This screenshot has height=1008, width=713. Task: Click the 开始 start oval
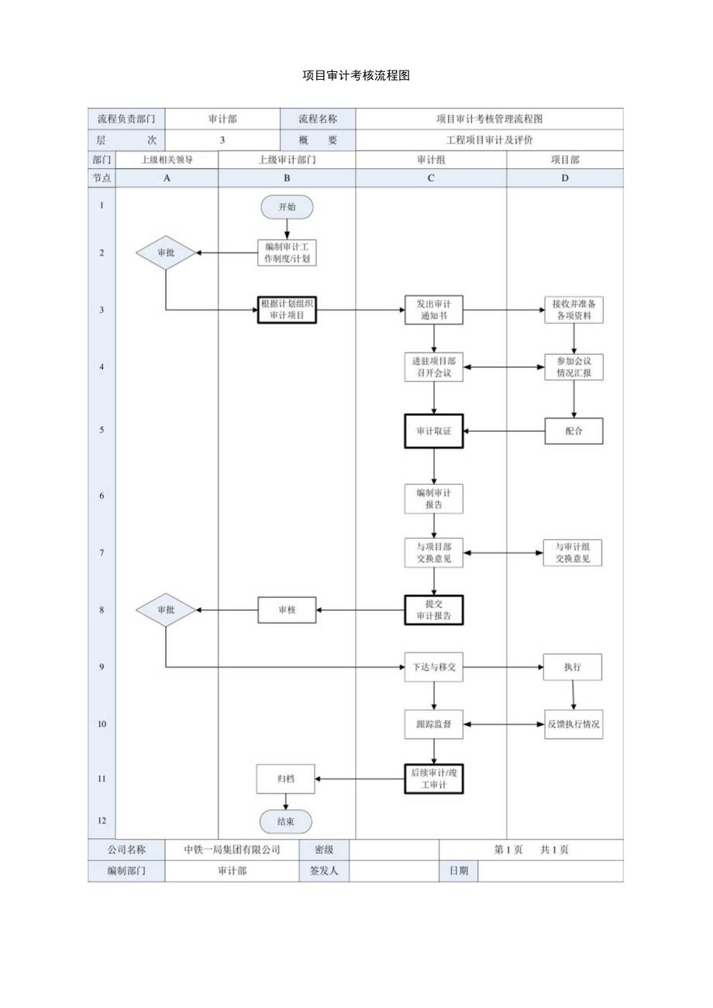click(287, 207)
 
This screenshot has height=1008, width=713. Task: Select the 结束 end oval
click(285, 821)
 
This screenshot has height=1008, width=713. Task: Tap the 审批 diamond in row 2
click(166, 253)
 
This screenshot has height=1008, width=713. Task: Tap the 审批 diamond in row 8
click(166, 610)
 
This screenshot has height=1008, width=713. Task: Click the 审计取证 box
click(433, 431)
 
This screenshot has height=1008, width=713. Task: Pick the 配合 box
click(573, 431)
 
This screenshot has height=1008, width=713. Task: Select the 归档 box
click(285, 779)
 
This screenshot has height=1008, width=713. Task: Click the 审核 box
click(287, 610)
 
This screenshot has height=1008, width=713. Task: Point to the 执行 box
click(573, 667)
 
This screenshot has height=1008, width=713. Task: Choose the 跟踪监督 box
click(433, 724)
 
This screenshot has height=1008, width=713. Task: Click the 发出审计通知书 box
click(433, 310)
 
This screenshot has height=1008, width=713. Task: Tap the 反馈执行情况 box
click(573, 724)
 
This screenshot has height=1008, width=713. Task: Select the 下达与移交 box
click(433, 667)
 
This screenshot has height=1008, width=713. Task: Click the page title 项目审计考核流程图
click(356, 75)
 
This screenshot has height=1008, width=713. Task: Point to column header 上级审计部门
click(287, 160)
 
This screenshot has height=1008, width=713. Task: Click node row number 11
click(102, 779)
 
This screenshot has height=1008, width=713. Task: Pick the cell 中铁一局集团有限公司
click(232, 849)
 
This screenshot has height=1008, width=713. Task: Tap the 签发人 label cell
click(323, 871)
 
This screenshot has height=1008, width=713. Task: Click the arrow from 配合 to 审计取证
click(504, 431)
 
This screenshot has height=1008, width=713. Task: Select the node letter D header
click(564, 177)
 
